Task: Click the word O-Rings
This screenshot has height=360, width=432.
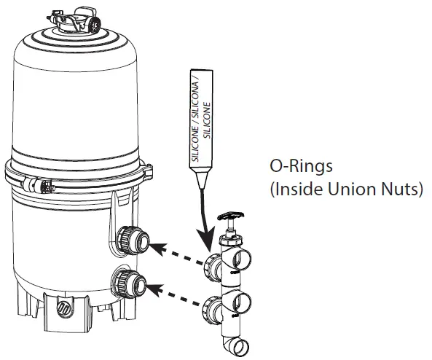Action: (301, 166)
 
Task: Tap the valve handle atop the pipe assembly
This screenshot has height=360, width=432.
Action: (231, 215)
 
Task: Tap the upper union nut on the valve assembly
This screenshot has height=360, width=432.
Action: (213, 267)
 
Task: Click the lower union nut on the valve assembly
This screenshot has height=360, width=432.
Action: (211, 310)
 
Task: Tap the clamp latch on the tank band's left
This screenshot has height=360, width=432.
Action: (39, 185)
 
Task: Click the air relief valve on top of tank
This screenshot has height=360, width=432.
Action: (74, 19)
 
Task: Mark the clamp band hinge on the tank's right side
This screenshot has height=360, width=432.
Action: (148, 172)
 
